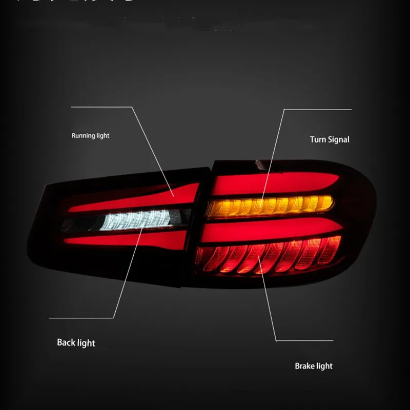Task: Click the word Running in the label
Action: point(83,136)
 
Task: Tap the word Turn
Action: point(318,139)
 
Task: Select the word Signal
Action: point(338,139)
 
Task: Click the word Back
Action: point(66,342)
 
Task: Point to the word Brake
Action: point(304,366)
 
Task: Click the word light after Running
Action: point(102,136)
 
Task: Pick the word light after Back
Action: point(86,342)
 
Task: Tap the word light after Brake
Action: point(324,366)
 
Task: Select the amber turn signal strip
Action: point(269,206)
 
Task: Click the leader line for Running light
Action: point(154,149)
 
